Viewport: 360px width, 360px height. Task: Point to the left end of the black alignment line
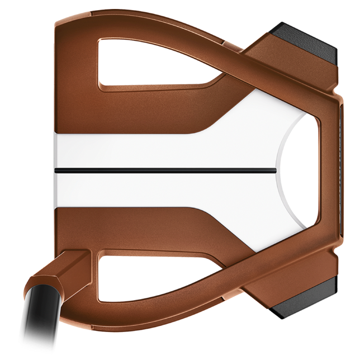[55, 167]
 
